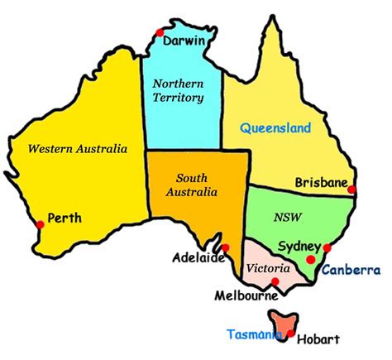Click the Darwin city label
point(184,41)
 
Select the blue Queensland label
point(275,128)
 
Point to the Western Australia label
point(78,150)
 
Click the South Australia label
point(197,185)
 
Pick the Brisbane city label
point(322,183)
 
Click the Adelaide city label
point(198,258)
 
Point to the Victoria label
point(268,269)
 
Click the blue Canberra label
point(351,270)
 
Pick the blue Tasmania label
point(256,334)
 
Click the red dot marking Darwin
point(158,32)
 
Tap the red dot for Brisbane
point(352,190)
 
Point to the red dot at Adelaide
point(225,247)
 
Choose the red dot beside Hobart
point(290,334)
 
